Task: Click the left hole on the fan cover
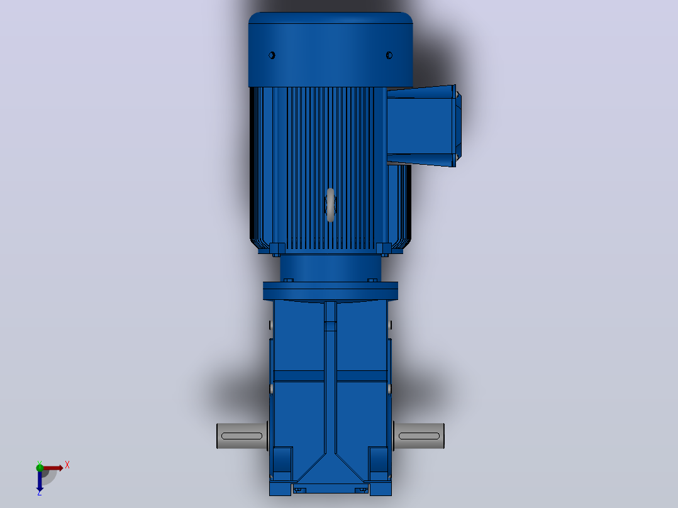click(272, 55)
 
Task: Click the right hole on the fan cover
click(389, 55)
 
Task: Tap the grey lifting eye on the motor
click(331, 205)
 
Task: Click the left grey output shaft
click(242, 436)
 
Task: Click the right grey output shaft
click(419, 436)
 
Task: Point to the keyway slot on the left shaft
click(242, 436)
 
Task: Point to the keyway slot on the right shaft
click(419, 436)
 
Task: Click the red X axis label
click(67, 465)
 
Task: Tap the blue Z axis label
click(40, 492)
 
